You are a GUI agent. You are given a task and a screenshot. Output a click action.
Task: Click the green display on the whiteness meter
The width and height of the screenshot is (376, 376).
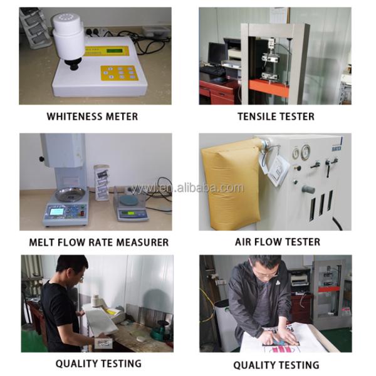pyautogui.click(x=116, y=51)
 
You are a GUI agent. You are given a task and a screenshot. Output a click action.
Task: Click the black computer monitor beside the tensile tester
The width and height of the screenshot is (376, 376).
pyautogui.click(x=217, y=53)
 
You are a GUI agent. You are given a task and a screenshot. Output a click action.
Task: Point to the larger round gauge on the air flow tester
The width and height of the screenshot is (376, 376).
pyautogui.click(x=306, y=152)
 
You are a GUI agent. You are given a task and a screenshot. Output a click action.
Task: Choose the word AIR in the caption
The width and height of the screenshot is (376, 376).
pyautogui.click(x=243, y=242)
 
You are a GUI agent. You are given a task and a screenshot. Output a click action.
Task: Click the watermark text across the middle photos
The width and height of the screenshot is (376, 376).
pyautogui.click(x=187, y=187)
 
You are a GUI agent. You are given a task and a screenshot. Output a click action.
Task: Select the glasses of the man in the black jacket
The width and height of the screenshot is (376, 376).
pyautogui.click(x=267, y=274)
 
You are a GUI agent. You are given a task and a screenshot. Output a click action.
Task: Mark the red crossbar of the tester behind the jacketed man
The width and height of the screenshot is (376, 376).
pyautogui.click(x=329, y=289)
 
